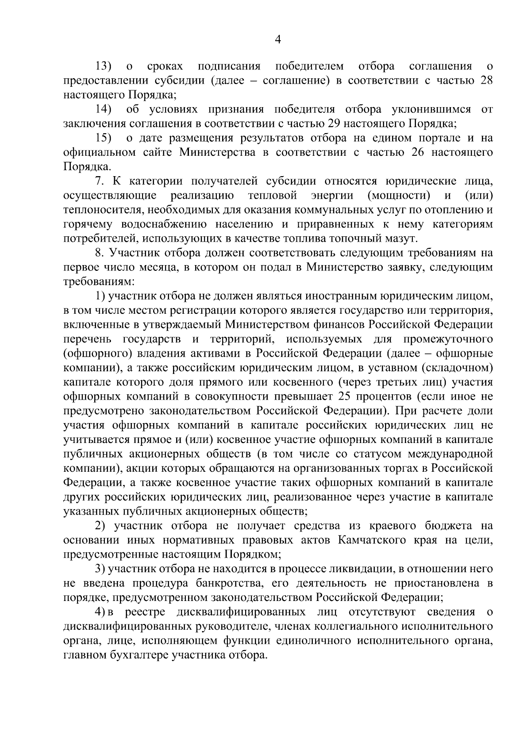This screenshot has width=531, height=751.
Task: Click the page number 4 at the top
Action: (278, 40)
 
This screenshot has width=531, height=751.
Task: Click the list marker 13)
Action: (104, 66)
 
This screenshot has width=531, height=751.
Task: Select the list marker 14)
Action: (104, 109)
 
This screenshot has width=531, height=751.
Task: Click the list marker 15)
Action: (104, 138)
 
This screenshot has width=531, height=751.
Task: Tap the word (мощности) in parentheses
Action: (399, 195)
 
